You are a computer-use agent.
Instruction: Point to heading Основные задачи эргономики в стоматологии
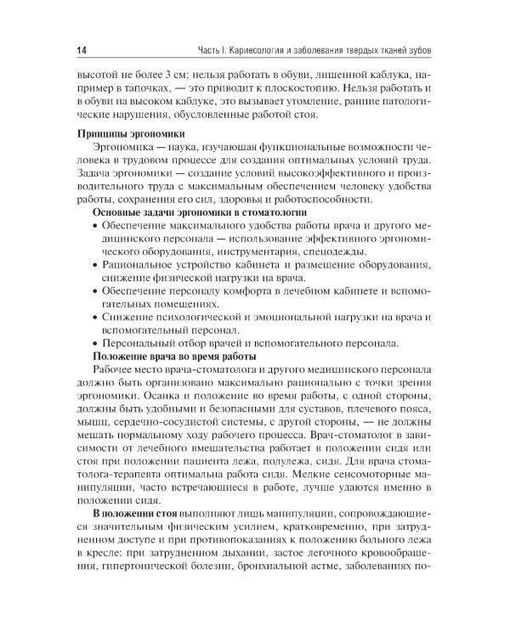click(x=199, y=211)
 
